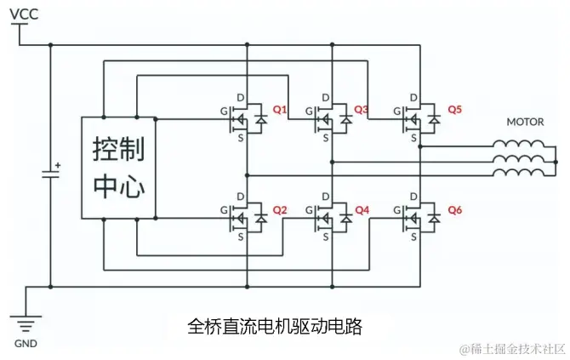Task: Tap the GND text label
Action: click(25, 345)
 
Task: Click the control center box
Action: click(118, 167)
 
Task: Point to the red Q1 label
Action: click(280, 110)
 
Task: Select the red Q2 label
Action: click(280, 209)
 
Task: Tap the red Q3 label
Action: click(362, 110)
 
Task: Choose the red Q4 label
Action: click(362, 209)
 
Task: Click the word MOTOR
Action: click(525, 122)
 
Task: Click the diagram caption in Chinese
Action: click(274, 326)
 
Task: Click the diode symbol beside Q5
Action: click(434, 121)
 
